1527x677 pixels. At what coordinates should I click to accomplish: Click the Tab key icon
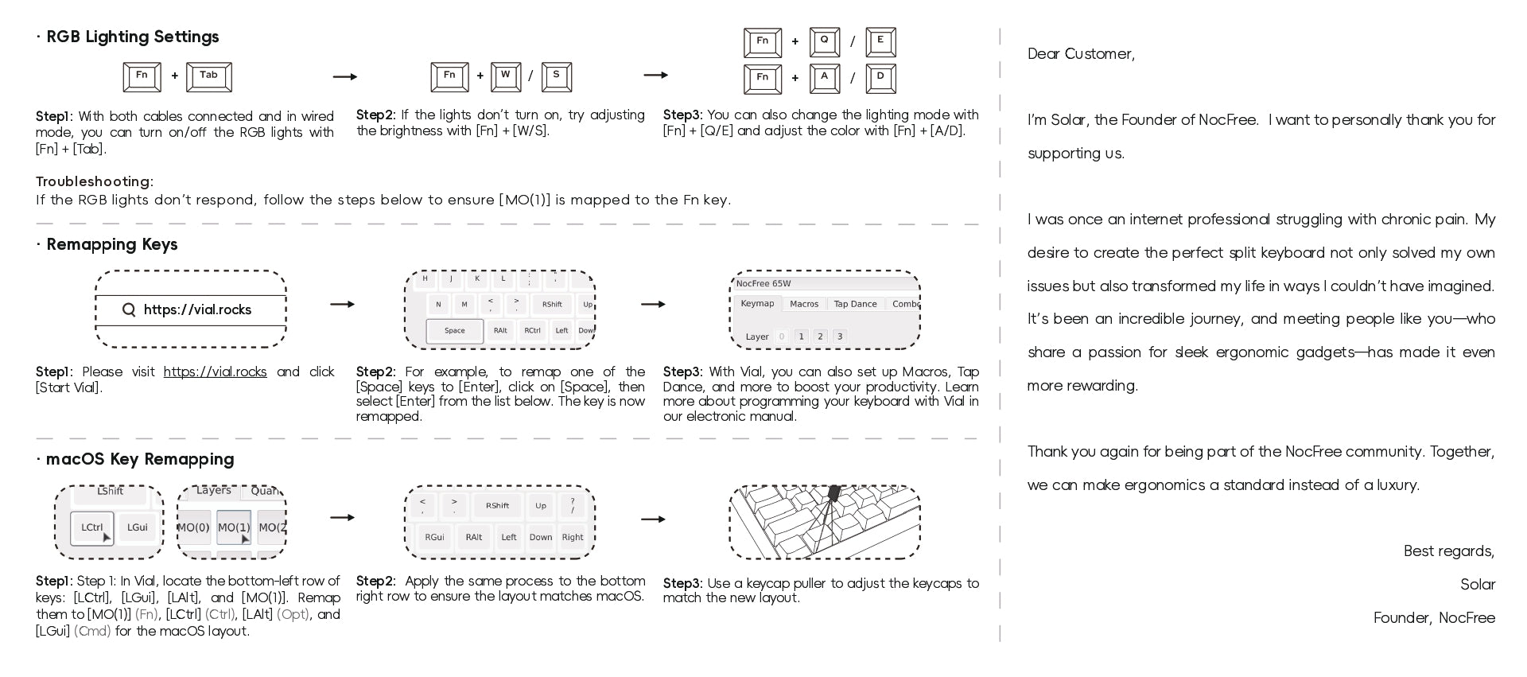click(208, 76)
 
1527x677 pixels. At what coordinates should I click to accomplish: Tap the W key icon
click(505, 76)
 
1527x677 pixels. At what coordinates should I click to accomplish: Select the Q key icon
click(824, 41)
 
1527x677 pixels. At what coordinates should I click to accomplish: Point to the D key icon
click(880, 78)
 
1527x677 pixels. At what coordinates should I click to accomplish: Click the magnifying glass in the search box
click(129, 309)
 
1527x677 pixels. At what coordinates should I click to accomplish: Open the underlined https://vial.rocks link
click(215, 372)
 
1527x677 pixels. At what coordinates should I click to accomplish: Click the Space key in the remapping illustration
click(454, 330)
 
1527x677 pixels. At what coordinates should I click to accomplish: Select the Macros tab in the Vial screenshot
click(803, 304)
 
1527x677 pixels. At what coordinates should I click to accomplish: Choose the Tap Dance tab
click(855, 304)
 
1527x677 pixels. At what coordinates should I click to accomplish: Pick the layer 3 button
click(839, 337)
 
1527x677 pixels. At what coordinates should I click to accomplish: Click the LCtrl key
click(92, 527)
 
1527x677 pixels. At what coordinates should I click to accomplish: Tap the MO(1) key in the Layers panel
click(234, 527)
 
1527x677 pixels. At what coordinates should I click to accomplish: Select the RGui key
click(434, 537)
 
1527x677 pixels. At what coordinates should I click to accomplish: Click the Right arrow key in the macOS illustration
click(573, 537)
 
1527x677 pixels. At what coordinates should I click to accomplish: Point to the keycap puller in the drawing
click(833, 495)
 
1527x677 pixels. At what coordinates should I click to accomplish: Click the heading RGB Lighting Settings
click(132, 37)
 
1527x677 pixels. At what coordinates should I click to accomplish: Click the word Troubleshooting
click(94, 181)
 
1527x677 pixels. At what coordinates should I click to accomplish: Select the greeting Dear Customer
click(1081, 53)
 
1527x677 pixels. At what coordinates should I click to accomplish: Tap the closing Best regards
click(1448, 551)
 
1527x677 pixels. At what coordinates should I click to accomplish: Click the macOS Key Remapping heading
click(140, 459)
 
